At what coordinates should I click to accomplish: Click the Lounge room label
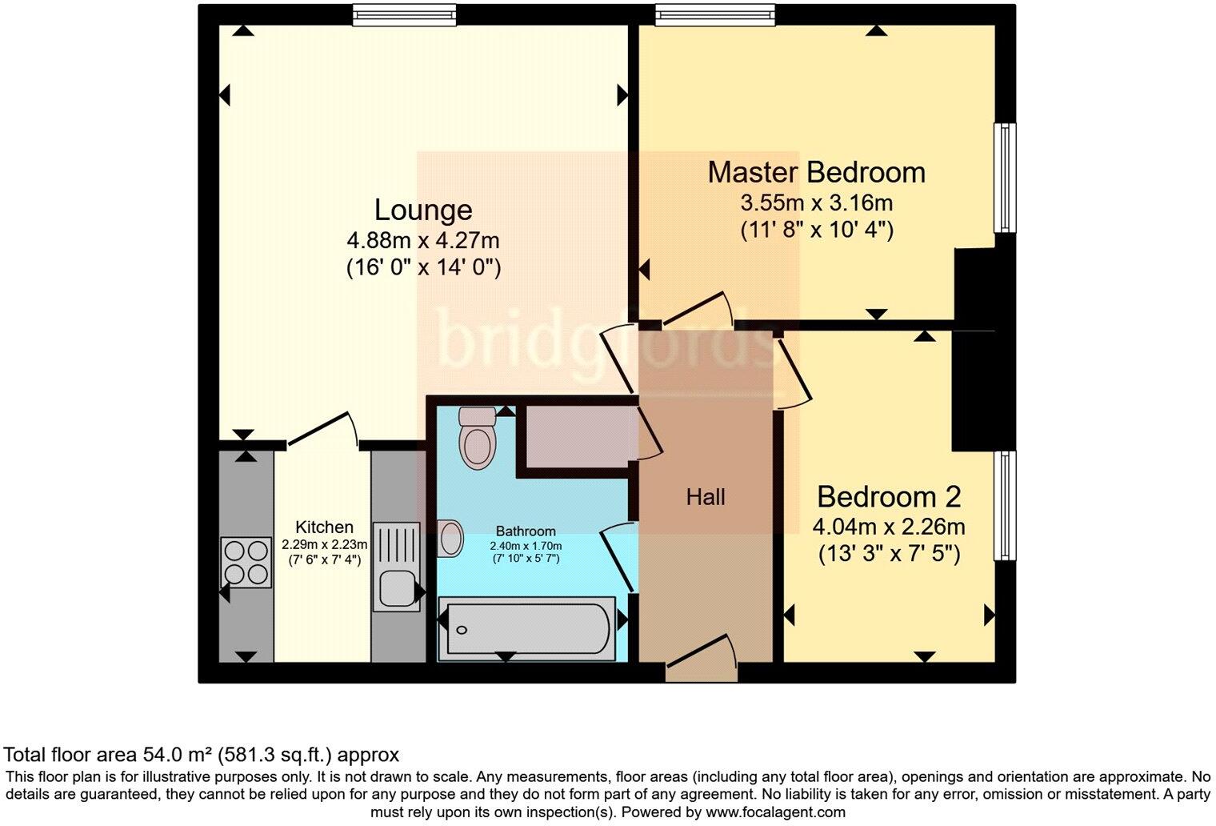point(423,210)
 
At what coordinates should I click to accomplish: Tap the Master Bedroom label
point(816,172)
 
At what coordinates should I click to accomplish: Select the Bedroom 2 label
point(888,497)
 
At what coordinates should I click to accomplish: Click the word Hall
point(706,497)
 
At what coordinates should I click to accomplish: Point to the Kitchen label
point(324,527)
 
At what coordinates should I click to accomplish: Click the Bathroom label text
point(526,531)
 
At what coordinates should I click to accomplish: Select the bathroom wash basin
point(450,537)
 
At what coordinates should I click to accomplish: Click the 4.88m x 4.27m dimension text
point(423,240)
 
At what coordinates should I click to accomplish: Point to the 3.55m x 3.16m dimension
point(816,202)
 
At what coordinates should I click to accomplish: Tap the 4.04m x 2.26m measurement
point(888,527)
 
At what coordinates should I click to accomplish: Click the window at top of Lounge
point(405,15)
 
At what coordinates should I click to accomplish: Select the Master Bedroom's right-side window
point(1004,178)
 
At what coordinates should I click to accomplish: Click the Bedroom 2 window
point(1004,506)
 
